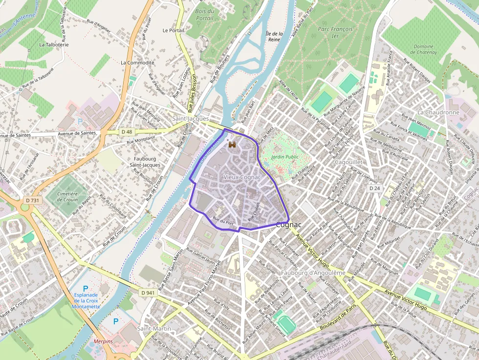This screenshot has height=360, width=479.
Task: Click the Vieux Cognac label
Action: (241, 176)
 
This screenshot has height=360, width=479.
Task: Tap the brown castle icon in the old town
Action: (232, 145)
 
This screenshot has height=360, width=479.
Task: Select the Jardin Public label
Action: (285, 157)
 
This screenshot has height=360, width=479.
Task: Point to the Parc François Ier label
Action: (335, 32)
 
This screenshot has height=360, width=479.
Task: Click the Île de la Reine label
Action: (274, 37)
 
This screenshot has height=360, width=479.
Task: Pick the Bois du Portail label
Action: (204, 15)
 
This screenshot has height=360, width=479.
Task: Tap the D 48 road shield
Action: (127, 132)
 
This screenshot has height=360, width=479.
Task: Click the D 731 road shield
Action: (32, 200)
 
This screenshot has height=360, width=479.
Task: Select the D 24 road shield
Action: (374, 188)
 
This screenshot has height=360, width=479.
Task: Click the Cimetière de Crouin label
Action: (67, 197)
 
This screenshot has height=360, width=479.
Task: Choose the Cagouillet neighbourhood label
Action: (348, 162)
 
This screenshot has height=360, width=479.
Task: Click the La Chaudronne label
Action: (438, 112)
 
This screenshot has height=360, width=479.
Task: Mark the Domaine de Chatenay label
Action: (423, 50)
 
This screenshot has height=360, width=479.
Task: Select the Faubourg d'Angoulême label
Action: (313, 273)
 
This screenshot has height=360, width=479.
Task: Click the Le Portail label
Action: (174, 30)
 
